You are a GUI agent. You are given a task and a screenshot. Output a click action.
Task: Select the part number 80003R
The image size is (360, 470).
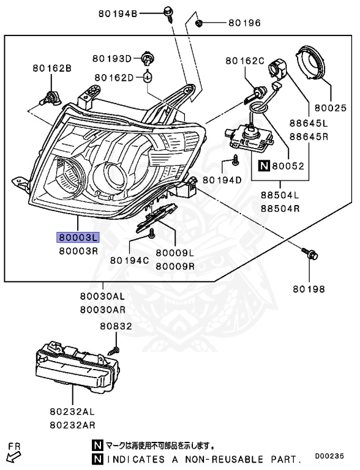coord(78,250)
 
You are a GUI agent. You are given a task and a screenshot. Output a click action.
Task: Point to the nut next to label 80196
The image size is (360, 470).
coord(200,23)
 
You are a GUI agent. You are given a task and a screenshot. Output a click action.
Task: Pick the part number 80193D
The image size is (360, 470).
coord(112,59)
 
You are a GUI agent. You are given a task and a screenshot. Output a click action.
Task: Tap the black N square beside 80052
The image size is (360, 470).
coord(264,165)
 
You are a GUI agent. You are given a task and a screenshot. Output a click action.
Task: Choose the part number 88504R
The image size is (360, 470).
coord(280,208)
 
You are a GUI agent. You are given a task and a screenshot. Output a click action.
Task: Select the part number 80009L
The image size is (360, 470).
coord(174,253)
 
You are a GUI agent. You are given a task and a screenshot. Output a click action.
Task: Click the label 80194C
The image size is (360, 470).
coord(129,259)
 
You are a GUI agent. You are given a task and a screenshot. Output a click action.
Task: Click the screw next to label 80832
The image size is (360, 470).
coord(113,351)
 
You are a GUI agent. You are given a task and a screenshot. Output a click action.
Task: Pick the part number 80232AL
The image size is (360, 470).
coord(72,413)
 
